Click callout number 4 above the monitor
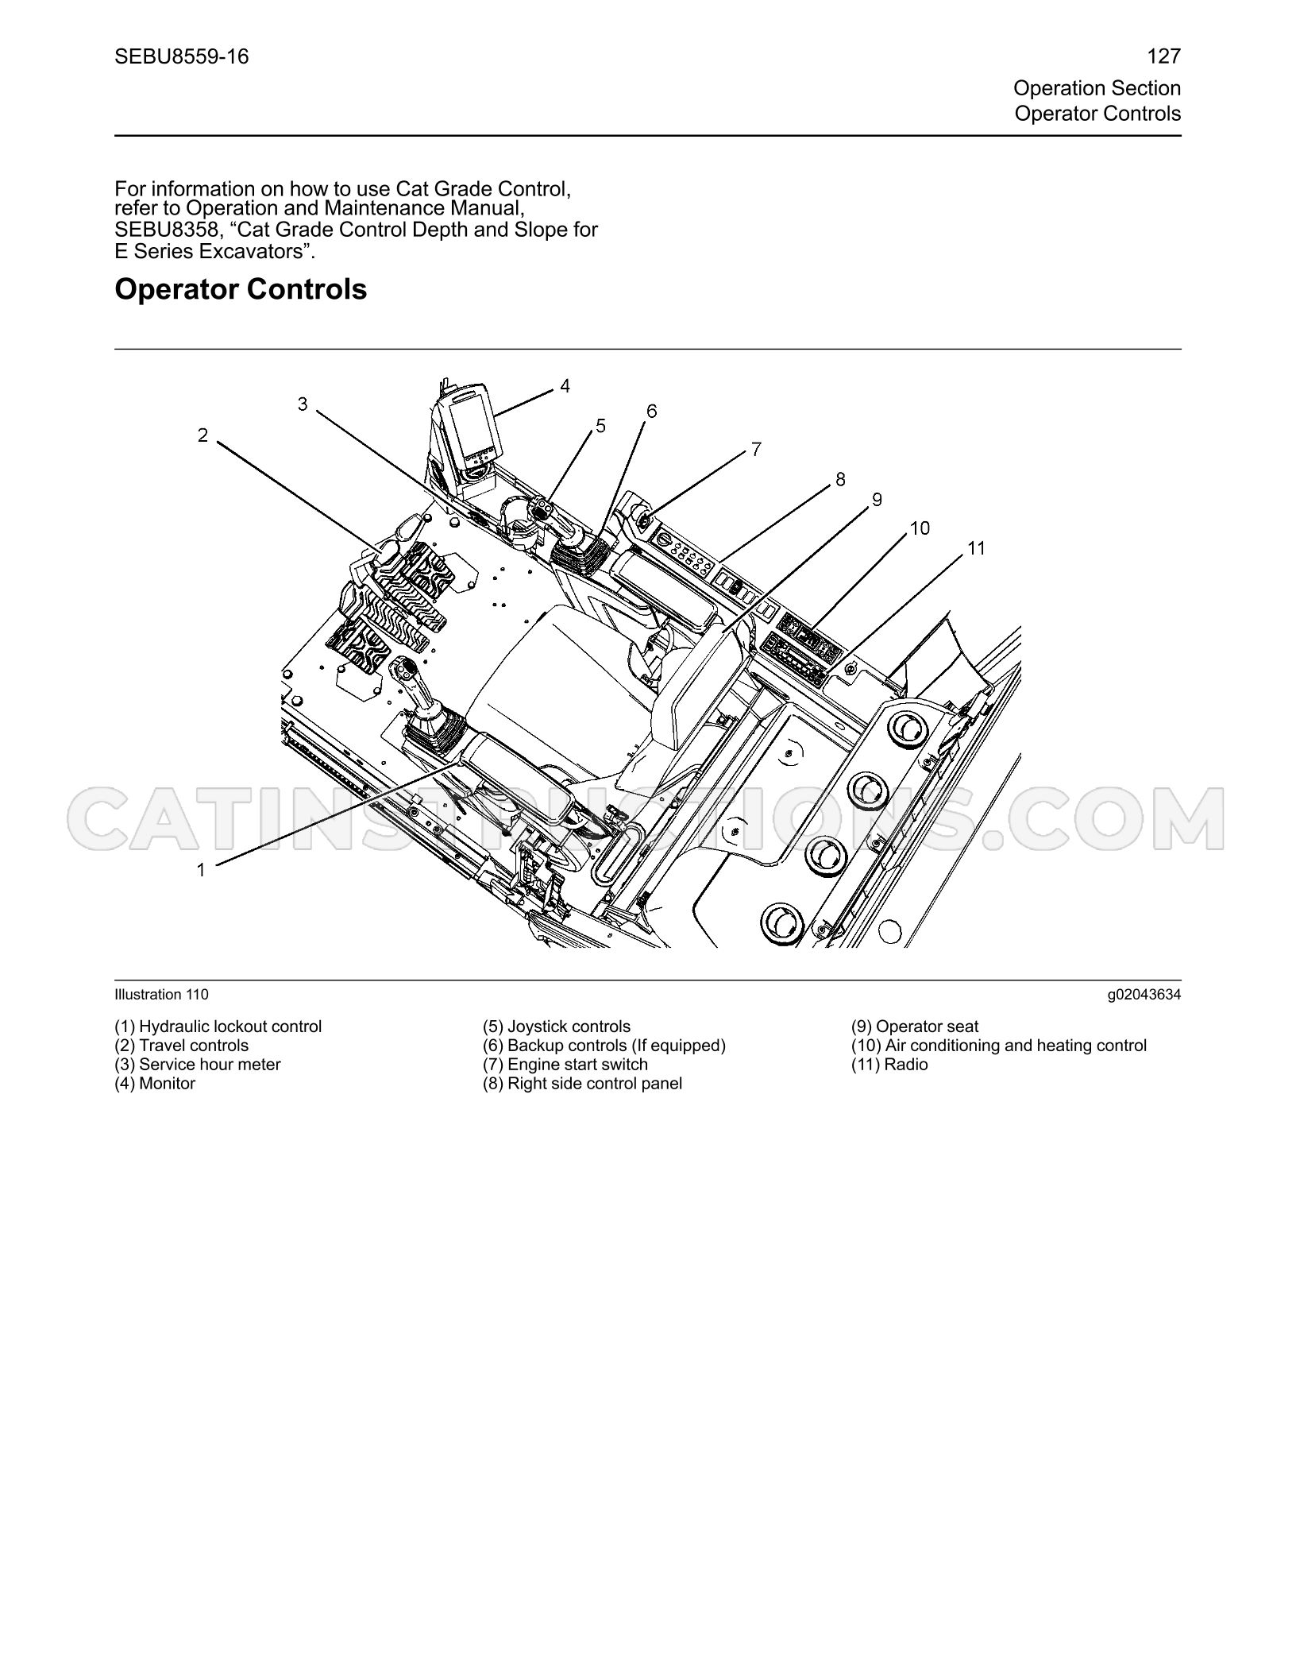565,386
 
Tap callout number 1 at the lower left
201,870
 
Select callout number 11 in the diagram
976,548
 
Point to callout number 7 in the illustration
756,450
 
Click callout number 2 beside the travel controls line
203,435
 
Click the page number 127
1164,56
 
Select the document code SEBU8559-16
182,56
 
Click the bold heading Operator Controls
241,289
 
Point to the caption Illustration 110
162,995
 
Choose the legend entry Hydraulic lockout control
218,1027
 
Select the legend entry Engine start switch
565,1065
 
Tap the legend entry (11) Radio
889,1065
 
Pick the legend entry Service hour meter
198,1065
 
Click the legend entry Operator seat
915,1027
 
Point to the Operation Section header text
1097,88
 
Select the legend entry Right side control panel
582,1084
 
